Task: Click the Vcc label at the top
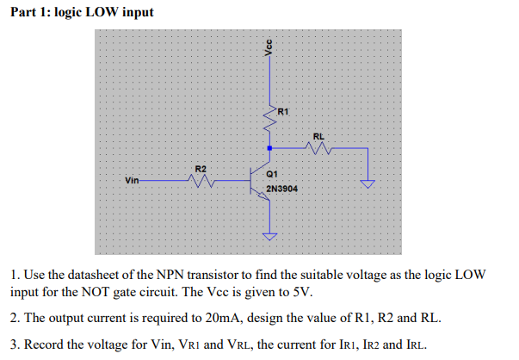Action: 269,48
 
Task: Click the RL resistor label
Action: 318,136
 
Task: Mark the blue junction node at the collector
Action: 270,148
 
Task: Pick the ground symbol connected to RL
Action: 368,183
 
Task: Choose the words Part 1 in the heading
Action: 32,13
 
